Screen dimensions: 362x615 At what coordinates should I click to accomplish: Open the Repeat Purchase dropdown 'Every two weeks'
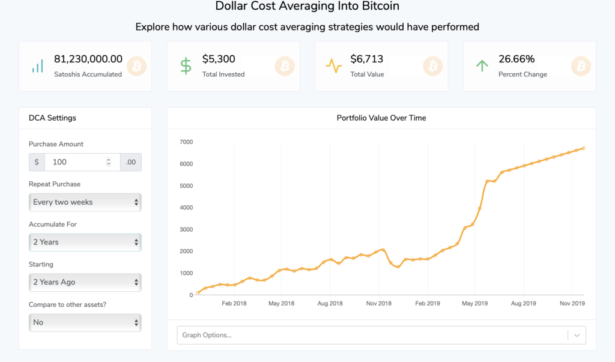[85, 202]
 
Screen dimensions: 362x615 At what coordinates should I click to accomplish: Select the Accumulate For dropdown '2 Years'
[85, 242]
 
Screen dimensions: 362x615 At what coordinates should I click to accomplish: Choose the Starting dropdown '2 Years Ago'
[85, 282]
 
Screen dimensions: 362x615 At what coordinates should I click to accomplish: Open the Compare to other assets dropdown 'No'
[85, 322]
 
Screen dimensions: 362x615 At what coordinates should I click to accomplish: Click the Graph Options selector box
[372, 335]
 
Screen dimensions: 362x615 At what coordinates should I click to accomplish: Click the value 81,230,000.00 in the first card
[88, 59]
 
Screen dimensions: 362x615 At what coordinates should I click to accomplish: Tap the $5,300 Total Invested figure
[219, 59]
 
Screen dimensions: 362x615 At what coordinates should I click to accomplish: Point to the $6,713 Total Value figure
[367, 59]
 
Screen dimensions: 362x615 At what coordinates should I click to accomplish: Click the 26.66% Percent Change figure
[517, 59]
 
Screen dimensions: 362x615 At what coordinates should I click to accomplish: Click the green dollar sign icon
[186, 66]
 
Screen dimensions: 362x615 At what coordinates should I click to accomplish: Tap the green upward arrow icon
[482, 66]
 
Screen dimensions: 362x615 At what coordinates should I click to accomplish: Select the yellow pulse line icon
[334, 66]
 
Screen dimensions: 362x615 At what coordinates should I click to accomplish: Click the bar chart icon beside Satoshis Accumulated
[38, 66]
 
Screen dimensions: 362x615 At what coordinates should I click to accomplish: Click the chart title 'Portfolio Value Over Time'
[381, 118]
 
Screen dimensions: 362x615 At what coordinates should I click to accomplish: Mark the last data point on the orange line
[584, 148]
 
